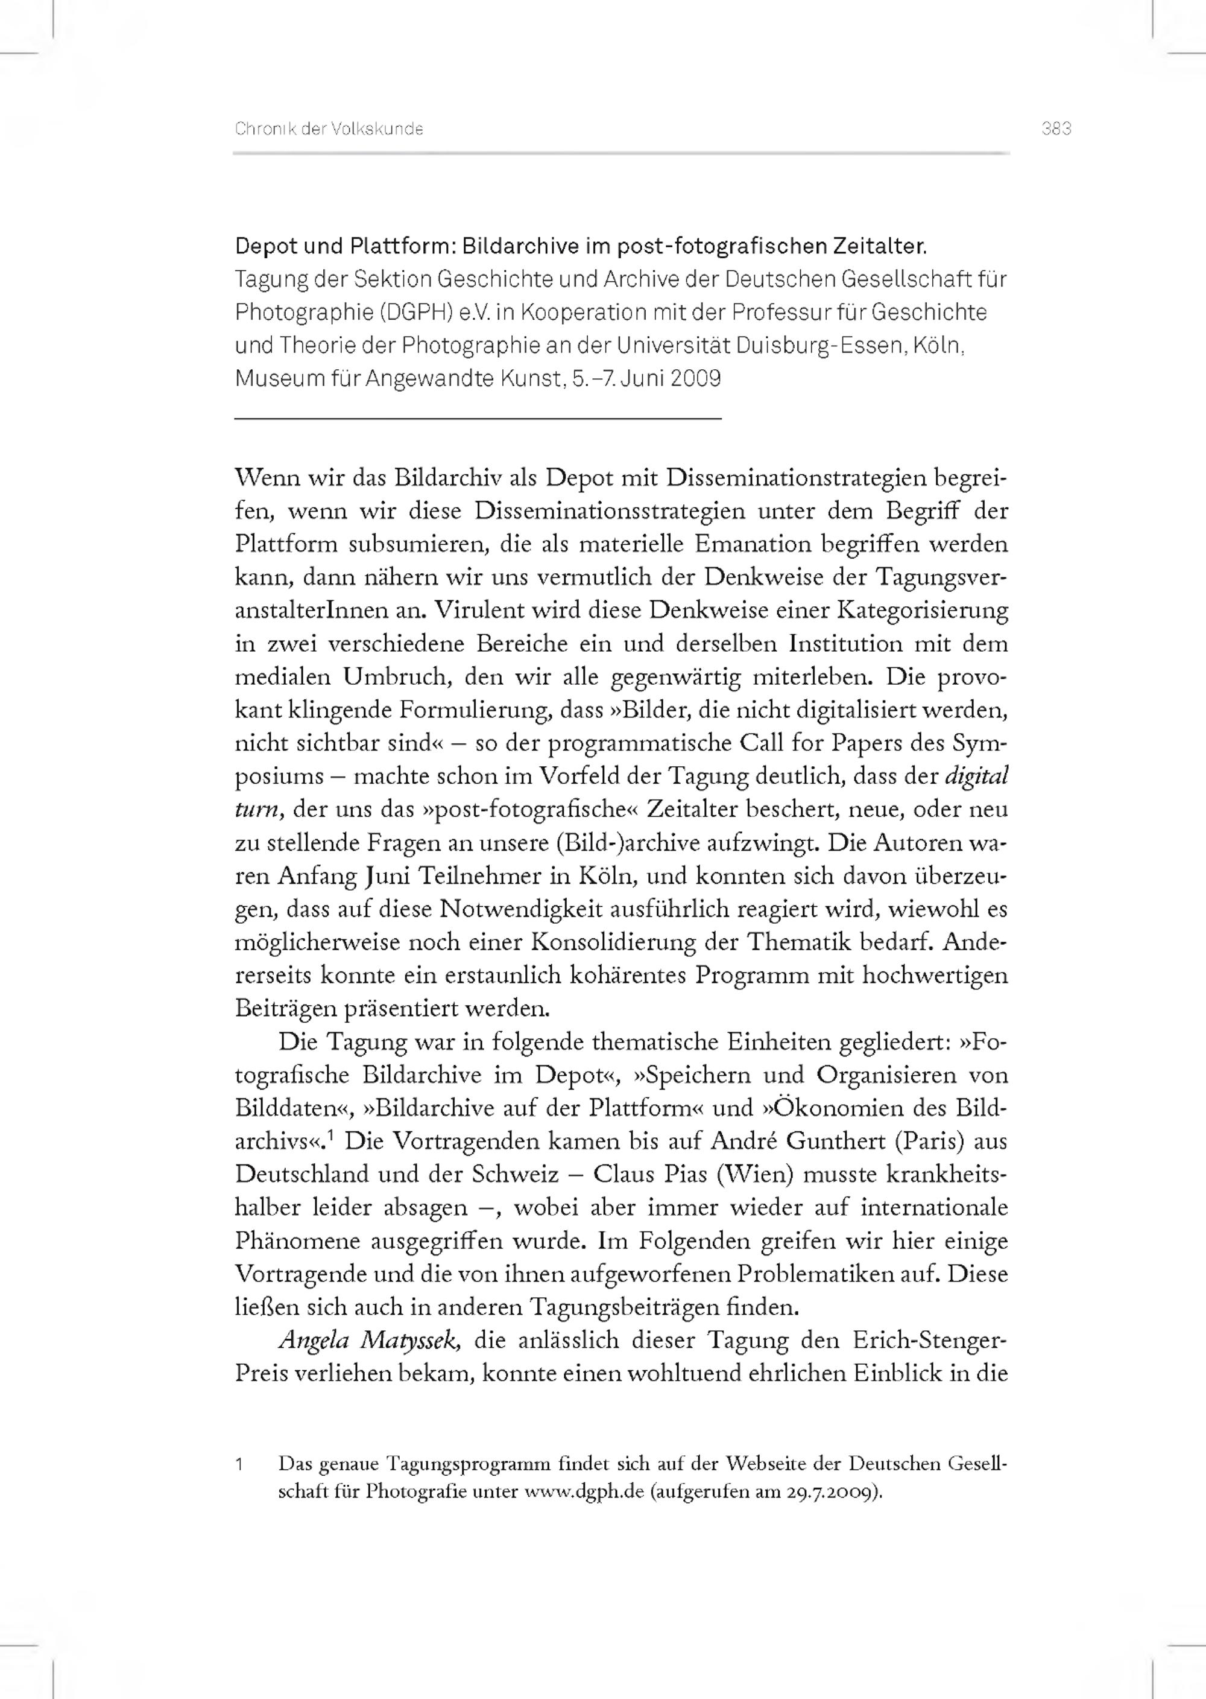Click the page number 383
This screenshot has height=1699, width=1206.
1056,129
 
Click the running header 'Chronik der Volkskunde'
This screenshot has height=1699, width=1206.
329,129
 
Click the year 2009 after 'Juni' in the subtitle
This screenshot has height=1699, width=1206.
695,379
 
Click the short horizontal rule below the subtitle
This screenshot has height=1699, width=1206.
478,420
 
